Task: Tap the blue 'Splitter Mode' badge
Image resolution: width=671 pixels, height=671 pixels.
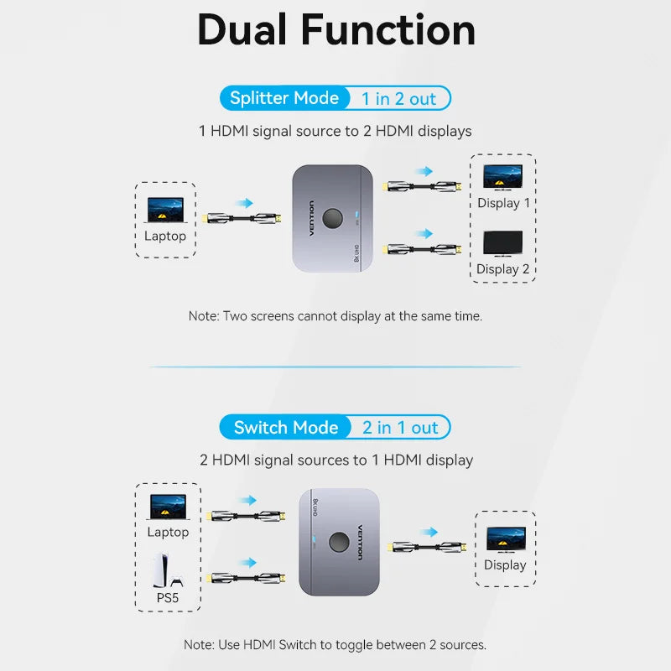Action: (283, 98)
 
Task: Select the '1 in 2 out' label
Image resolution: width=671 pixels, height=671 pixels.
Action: (398, 99)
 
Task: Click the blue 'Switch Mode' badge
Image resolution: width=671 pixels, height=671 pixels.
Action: (285, 428)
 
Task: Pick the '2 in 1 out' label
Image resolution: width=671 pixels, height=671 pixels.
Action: (400, 428)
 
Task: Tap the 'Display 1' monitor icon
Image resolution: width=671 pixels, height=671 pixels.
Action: (503, 177)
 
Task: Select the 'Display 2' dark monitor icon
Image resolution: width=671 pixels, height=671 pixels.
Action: (503, 244)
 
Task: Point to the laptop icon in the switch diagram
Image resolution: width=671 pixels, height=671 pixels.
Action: (168, 507)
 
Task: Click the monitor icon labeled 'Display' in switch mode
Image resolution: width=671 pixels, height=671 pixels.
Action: (505, 539)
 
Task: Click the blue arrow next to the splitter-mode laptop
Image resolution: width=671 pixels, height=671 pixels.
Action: (244, 202)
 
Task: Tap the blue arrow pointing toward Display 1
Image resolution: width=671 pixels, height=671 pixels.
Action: (424, 171)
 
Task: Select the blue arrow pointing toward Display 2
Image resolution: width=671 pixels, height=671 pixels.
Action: (424, 233)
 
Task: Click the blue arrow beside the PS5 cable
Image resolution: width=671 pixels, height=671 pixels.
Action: (247, 562)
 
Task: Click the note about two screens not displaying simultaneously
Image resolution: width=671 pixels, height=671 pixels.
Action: (335, 316)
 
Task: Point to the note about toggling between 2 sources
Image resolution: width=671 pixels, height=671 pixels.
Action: (335, 645)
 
